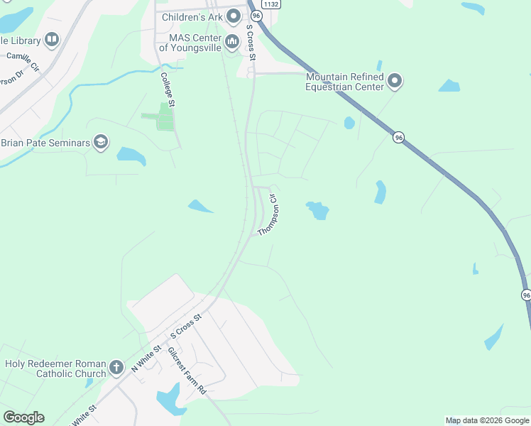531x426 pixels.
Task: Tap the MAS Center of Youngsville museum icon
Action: coord(231,43)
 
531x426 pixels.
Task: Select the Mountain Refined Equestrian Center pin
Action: coord(395,82)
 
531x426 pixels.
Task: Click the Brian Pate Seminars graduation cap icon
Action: coord(101,143)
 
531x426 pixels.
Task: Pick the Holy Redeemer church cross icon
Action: coord(117,369)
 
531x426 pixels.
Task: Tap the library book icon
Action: coord(51,40)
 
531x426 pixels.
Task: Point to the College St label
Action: coord(168,89)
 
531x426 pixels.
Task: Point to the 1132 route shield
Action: coord(270,4)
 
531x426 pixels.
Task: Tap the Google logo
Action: coord(23,417)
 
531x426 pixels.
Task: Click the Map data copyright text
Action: coord(487,420)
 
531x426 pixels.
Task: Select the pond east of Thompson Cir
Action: coord(317,210)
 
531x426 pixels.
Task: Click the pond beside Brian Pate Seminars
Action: coord(130,155)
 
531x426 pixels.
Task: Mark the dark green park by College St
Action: coord(163,118)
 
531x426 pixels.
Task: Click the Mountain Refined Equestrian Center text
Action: coord(344,82)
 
